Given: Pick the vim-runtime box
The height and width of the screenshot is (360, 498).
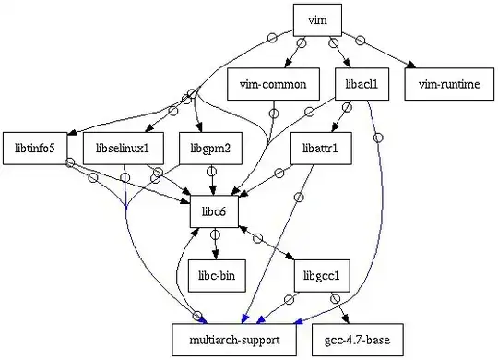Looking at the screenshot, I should [x=448, y=84].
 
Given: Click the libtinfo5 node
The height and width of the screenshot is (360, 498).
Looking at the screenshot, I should [x=35, y=147].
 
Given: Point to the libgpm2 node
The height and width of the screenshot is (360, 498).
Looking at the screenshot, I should [x=212, y=147].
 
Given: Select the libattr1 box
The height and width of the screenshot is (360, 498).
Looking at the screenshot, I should [x=320, y=147].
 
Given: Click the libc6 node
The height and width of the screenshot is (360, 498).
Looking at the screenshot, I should [x=214, y=211].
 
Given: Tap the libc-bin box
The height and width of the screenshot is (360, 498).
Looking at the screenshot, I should [x=214, y=275].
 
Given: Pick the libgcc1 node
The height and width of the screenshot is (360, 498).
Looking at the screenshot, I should [x=320, y=275].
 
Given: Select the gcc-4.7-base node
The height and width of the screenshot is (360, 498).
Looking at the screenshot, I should [x=356, y=339].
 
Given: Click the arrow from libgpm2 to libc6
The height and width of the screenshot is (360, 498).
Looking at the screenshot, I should [x=213, y=179].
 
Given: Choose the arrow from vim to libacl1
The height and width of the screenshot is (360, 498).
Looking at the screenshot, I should [x=338, y=52].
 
